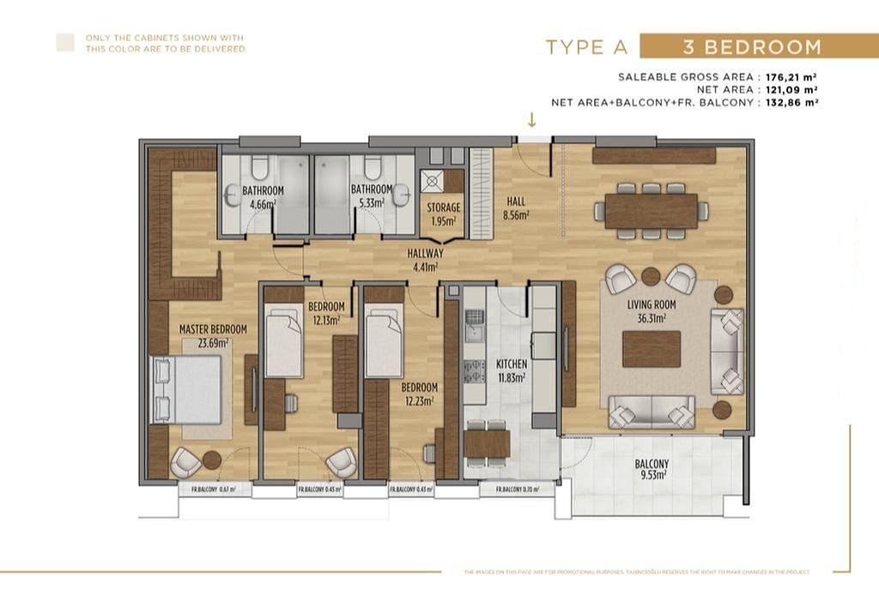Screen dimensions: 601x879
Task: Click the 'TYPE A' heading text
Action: [x=587, y=47]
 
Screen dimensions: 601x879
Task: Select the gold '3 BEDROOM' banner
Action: [x=751, y=46]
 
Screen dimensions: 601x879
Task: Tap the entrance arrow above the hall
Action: [x=532, y=120]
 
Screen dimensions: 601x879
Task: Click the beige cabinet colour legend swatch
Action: [x=65, y=43]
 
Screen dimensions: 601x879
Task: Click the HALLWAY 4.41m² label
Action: [x=426, y=260]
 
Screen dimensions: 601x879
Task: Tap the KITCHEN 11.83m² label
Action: [x=512, y=370]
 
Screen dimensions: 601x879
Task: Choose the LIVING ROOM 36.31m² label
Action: [x=652, y=310]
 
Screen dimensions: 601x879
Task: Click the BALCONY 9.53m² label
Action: [x=652, y=470]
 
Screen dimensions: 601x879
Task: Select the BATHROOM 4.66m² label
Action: [x=262, y=197]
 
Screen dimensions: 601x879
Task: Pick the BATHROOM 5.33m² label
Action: [x=371, y=197]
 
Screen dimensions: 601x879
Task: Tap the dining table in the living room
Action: [x=651, y=211]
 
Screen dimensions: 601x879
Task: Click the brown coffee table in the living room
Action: [x=652, y=349]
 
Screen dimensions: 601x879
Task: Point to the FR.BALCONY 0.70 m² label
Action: [x=513, y=490]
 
